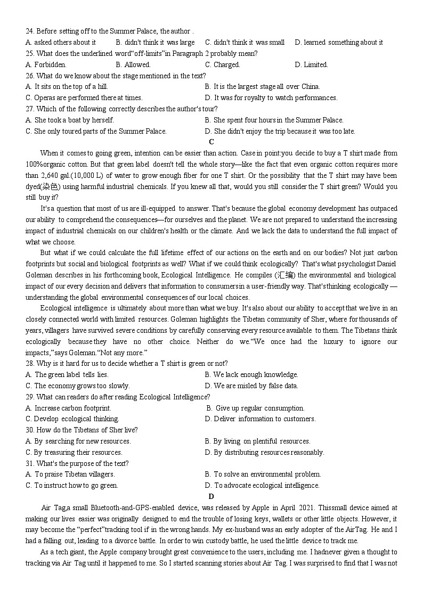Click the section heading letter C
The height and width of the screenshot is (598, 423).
[211, 142]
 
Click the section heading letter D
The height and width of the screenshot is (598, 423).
[211, 496]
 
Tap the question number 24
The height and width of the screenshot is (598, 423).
[29, 31]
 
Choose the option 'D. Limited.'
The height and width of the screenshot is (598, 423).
[311, 64]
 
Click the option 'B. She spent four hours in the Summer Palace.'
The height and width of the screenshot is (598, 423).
[274, 120]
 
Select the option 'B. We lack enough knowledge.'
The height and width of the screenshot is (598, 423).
[251, 374]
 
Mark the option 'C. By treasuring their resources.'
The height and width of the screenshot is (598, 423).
[74, 452]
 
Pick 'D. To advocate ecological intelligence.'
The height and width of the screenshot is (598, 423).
[262, 485]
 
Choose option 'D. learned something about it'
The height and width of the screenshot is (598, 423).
[338, 42]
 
